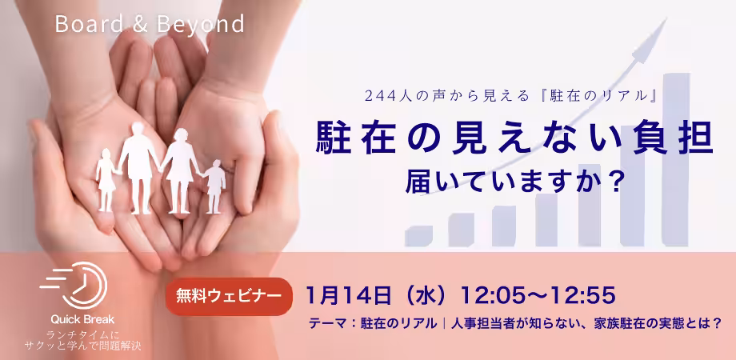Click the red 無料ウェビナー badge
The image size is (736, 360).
click(x=229, y=296)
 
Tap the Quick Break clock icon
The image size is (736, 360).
click(x=74, y=285)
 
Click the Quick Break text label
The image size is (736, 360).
click(x=82, y=320)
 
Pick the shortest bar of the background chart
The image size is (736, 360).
click(x=418, y=237)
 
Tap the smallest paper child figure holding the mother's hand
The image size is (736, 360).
click(x=214, y=186)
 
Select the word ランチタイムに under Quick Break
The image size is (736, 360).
click(x=82, y=335)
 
